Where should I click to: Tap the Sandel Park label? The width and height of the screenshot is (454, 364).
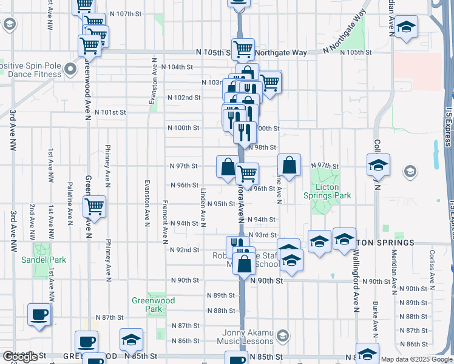[x=43, y=260]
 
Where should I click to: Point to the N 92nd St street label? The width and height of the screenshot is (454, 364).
[x=185, y=250]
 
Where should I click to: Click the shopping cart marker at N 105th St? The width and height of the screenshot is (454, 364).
[x=243, y=49]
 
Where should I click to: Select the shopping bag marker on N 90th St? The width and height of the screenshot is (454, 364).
[x=245, y=265]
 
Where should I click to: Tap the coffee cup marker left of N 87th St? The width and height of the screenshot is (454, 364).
[x=40, y=314]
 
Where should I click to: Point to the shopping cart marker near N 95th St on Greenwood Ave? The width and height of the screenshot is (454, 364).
[x=94, y=206]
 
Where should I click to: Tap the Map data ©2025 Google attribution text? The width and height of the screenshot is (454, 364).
[x=416, y=359]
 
